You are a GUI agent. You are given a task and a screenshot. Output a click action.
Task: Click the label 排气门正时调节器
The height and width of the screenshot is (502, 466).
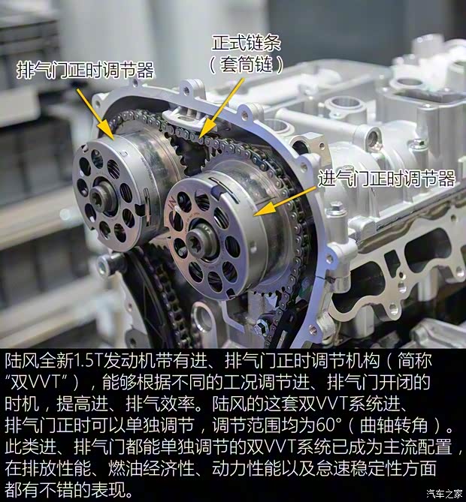coord(85,71)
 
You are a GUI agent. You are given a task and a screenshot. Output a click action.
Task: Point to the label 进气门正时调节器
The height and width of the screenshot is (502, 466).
coord(386,179)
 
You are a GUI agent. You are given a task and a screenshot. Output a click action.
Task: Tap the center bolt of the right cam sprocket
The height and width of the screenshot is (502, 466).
coord(201,242)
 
